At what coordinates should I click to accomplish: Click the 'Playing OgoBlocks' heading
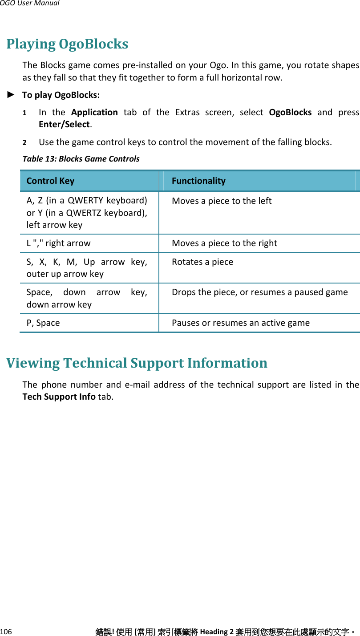[x=67, y=44]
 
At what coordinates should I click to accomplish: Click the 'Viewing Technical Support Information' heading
[x=137, y=363]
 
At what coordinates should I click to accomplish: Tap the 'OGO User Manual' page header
[x=29, y=4]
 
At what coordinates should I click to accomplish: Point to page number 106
[x=6, y=632]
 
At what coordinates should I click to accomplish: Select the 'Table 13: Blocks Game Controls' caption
[x=81, y=159]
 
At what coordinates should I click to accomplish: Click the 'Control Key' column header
[x=50, y=181]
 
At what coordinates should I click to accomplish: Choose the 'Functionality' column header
[x=198, y=181]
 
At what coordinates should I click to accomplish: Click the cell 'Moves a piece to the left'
[x=222, y=201]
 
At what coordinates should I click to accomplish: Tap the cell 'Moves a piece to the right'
[x=224, y=243]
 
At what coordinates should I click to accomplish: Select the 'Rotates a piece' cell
[x=202, y=262]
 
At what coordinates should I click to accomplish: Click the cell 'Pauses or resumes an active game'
[x=241, y=323]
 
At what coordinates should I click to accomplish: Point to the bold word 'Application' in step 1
[x=94, y=113]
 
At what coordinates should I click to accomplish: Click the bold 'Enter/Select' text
[x=64, y=124]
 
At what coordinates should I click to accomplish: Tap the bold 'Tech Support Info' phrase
[x=59, y=397]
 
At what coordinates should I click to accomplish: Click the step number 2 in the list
[x=25, y=143]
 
